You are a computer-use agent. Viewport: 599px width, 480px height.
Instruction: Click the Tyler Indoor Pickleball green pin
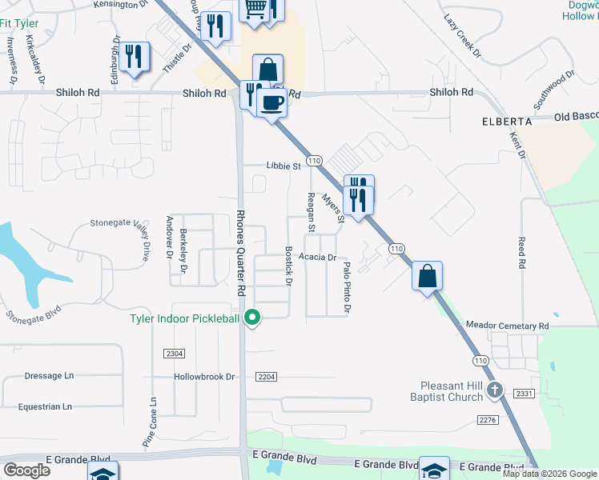coord(253,318)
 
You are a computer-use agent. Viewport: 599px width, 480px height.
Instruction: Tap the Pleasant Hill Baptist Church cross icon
coord(495,390)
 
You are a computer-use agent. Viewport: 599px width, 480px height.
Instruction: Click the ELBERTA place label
coord(507,121)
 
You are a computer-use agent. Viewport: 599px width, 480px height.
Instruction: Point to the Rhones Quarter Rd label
coord(239,254)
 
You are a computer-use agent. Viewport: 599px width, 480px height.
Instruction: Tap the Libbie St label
coord(283,166)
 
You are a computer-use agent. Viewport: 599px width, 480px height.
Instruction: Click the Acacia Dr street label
coord(316,258)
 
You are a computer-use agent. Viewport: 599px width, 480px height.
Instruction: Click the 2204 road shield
coord(267,377)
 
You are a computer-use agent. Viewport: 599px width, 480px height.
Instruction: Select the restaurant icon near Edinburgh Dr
coord(134,56)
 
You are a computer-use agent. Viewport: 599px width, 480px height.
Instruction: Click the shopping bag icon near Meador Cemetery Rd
coord(428,276)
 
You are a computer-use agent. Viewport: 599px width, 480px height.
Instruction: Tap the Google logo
coord(26,470)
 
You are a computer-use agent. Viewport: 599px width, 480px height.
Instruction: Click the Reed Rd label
coord(522,252)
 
